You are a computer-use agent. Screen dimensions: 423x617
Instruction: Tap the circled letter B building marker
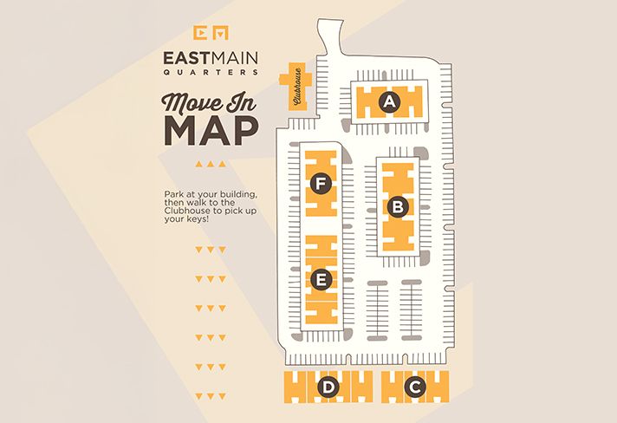click(x=398, y=207)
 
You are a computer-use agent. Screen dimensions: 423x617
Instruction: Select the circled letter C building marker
click(x=415, y=387)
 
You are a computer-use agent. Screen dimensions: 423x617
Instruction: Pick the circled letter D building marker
click(x=328, y=387)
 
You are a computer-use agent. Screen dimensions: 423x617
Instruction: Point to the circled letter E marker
click(x=321, y=280)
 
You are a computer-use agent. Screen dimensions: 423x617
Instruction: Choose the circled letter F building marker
click(x=321, y=184)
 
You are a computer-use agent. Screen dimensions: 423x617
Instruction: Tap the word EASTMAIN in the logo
click(x=211, y=57)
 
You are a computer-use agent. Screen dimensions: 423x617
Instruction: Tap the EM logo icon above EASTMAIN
click(x=211, y=31)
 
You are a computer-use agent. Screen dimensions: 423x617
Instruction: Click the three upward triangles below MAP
click(x=211, y=164)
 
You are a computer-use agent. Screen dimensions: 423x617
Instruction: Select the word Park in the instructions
click(x=172, y=193)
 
